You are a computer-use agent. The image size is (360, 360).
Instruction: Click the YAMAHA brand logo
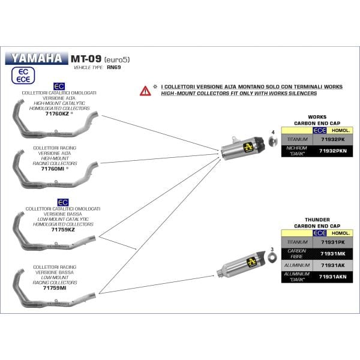(x=36, y=59)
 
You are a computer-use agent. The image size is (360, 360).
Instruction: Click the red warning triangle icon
(x=146, y=91)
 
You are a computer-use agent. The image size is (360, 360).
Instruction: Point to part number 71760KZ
(x=56, y=113)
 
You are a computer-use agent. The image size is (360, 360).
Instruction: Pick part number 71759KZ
(x=63, y=230)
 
